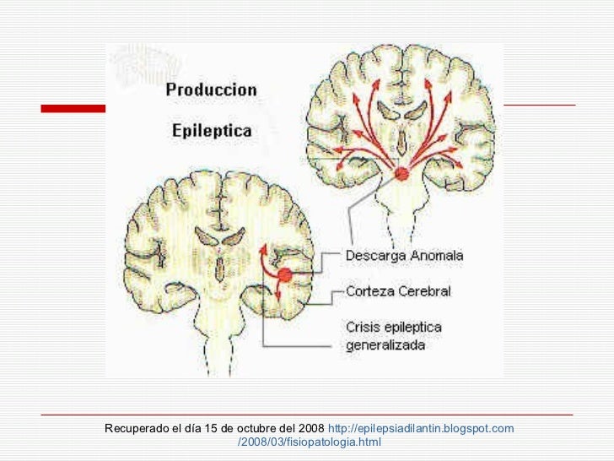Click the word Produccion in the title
[212, 89]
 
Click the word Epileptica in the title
[211, 132]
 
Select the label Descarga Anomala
[404, 255]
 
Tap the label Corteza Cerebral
[398, 291]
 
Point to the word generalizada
[385, 345]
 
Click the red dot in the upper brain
[401, 175]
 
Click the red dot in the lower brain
[285, 274]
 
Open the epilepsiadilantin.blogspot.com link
[421, 429]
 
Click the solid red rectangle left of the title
[73, 108]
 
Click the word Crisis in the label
[362, 327]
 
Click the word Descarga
[373, 255]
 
